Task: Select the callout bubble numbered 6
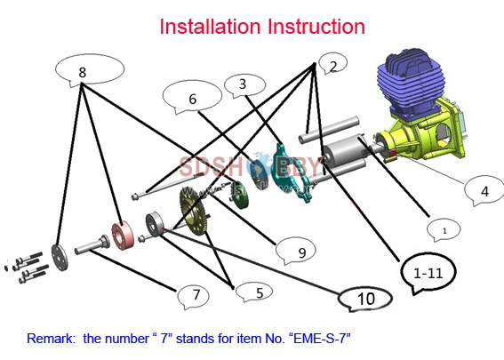[x=192, y=100]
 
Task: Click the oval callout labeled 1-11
[x=428, y=273]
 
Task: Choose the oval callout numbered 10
[x=365, y=300]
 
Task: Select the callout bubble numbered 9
[x=300, y=253]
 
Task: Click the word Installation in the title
[x=208, y=27]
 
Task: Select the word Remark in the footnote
[x=51, y=339]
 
